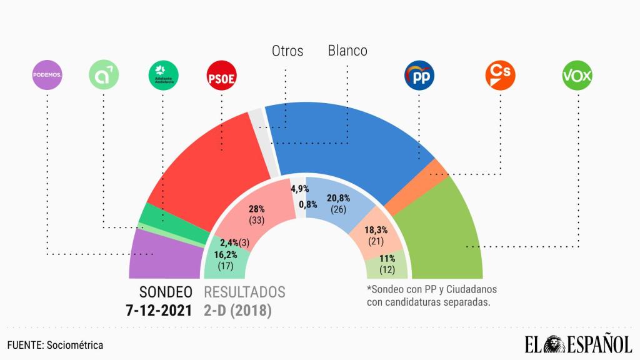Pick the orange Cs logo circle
[x=499, y=76]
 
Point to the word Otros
[x=287, y=51]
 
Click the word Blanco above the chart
[x=347, y=51]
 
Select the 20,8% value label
[x=338, y=198]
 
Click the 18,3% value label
[x=375, y=230]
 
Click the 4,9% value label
[x=300, y=189]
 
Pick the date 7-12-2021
[x=159, y=310]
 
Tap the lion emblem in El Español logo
[x=554, y=343]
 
